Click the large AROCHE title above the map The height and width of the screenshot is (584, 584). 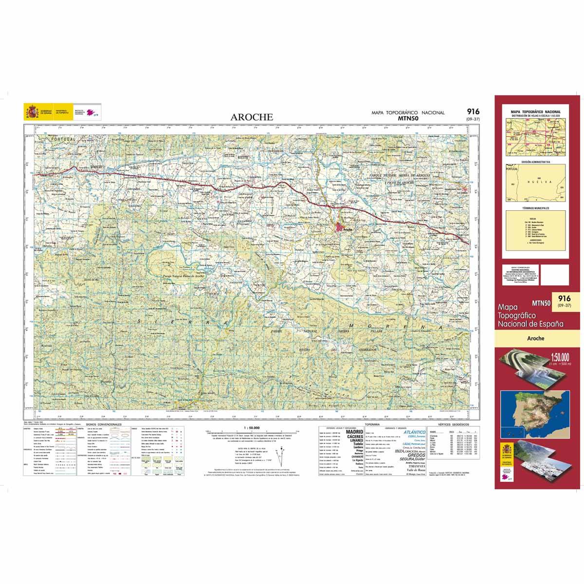[x=252, y=117]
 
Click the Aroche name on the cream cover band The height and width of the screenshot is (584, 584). [x=534, y=338]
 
